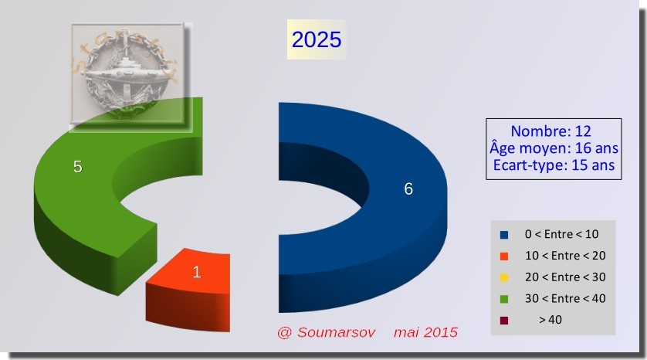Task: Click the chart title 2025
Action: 317,39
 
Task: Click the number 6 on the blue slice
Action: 408,188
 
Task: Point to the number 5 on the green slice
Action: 77,166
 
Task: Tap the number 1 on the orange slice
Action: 197,272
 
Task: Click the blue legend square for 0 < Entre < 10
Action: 504,235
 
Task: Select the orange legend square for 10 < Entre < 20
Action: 504,256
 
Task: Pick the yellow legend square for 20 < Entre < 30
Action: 504,278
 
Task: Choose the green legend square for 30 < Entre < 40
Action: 504,299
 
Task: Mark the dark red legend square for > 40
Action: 504,321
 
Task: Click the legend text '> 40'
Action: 550,320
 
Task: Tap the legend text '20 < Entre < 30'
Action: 565,277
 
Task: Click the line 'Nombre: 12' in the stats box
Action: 550,131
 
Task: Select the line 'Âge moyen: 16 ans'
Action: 554,148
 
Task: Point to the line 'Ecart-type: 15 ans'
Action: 554,165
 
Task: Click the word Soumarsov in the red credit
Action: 337,332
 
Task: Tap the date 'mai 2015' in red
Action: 426,332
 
